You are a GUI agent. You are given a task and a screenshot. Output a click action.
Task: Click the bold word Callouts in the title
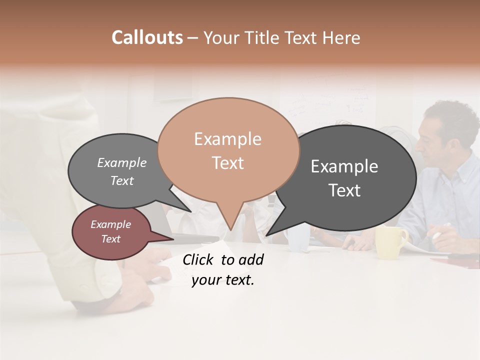147,37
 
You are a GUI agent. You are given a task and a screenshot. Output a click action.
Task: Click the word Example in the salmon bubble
227,139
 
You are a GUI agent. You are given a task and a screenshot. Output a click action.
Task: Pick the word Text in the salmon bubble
227,162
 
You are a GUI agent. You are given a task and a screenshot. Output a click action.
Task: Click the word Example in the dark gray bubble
344,166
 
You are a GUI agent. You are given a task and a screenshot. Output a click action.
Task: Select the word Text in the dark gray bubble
344,190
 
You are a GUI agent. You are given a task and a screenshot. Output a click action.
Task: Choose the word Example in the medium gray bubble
121,162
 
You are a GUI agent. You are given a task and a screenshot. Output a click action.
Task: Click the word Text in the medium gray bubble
121,180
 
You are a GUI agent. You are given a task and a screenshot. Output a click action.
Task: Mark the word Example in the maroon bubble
110,224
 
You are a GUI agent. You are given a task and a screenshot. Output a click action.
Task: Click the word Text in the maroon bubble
110,239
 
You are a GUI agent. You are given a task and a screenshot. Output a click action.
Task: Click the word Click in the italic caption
199,259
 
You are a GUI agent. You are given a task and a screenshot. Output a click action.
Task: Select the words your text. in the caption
222,280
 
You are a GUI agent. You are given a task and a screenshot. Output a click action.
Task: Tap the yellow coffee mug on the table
390,242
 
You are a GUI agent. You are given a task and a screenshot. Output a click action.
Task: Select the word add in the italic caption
251,259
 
